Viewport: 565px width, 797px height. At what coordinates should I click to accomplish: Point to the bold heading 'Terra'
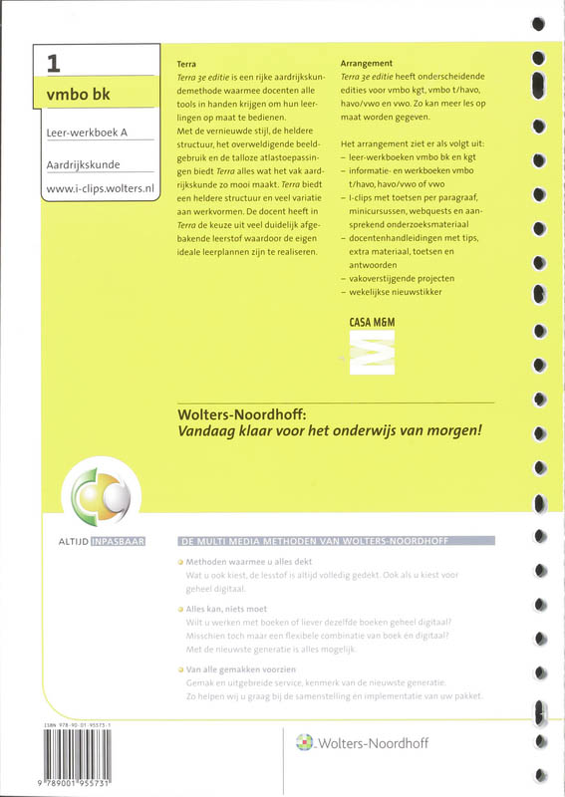tap(185, 62)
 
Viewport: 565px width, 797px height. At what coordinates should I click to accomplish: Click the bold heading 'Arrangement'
tap(366, 62)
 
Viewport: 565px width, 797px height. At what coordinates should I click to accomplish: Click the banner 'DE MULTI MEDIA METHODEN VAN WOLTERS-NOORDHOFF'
tap(336, 541)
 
